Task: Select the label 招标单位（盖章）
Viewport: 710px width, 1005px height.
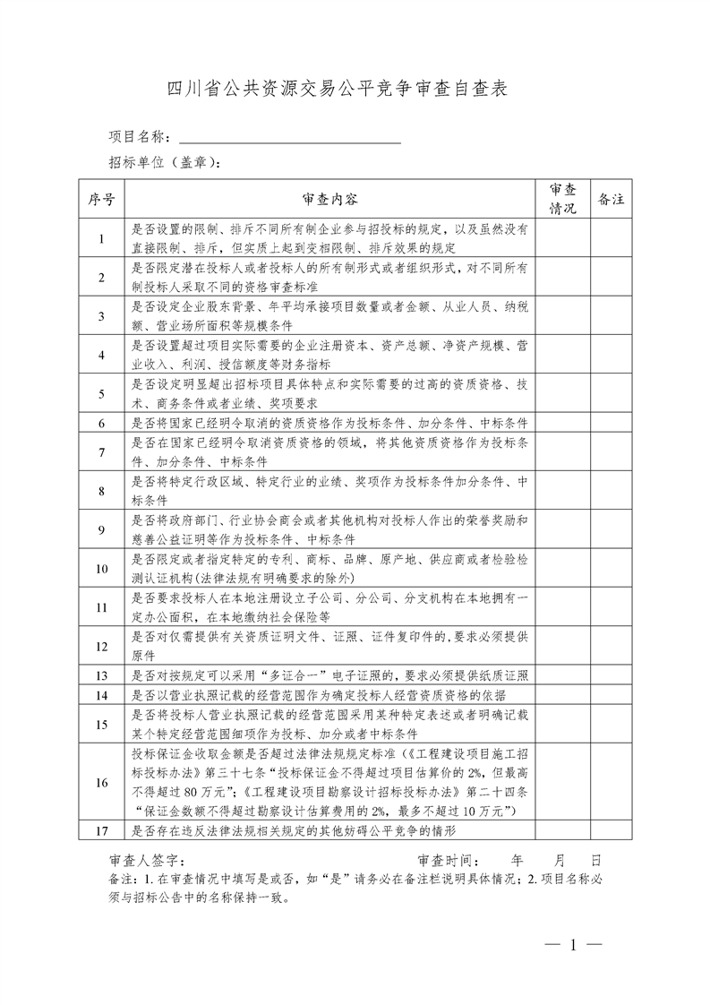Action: pos(164,162)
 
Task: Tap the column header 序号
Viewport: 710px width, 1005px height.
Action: pos(101,199)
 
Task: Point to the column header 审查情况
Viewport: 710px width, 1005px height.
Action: pos(562,199)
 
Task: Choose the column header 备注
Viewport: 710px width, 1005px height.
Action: pos(611,199)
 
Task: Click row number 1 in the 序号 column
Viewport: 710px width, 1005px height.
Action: pos(101,238)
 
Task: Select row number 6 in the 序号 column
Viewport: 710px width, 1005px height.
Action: pos(101,423)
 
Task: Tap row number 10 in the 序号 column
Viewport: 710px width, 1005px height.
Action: pos(101,569)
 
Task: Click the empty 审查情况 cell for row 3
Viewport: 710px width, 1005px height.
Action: pos(562,316)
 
